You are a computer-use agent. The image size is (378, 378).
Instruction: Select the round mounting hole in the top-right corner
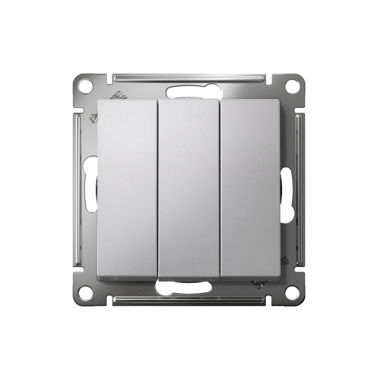coord(292,86)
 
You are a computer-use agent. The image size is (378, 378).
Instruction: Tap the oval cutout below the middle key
coord(189,286)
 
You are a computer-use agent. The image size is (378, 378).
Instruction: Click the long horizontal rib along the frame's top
coord(189,77)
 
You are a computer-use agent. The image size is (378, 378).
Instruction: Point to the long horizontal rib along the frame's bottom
coord(189,300)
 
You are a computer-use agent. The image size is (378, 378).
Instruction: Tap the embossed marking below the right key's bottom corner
coord(259,283)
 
